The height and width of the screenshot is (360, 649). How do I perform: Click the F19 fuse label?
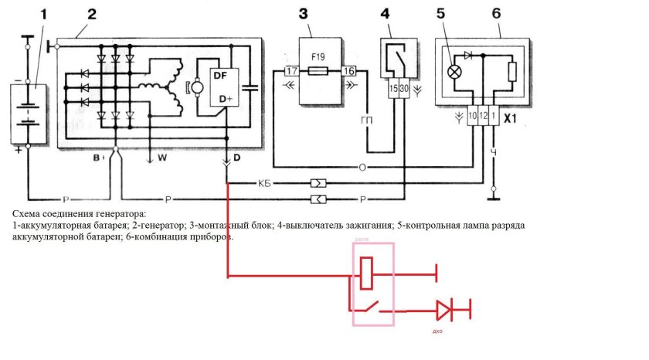pyautogui.click(x=318, y=56)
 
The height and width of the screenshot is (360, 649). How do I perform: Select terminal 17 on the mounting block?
pyautogui.click(x=291, y=71)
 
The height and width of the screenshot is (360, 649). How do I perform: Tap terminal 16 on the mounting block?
pyautogui.click(x=348, y=71)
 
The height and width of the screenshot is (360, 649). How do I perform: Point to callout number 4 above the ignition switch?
pyautogui.click(x=386, y=13)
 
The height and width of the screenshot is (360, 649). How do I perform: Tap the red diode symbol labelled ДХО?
pyautogui.click(x=444, y=311)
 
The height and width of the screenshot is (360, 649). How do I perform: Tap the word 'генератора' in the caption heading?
pyautogui.click(x=117, y=212)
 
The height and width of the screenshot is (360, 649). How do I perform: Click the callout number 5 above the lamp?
pyautogui.click(x=440, y=13)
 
